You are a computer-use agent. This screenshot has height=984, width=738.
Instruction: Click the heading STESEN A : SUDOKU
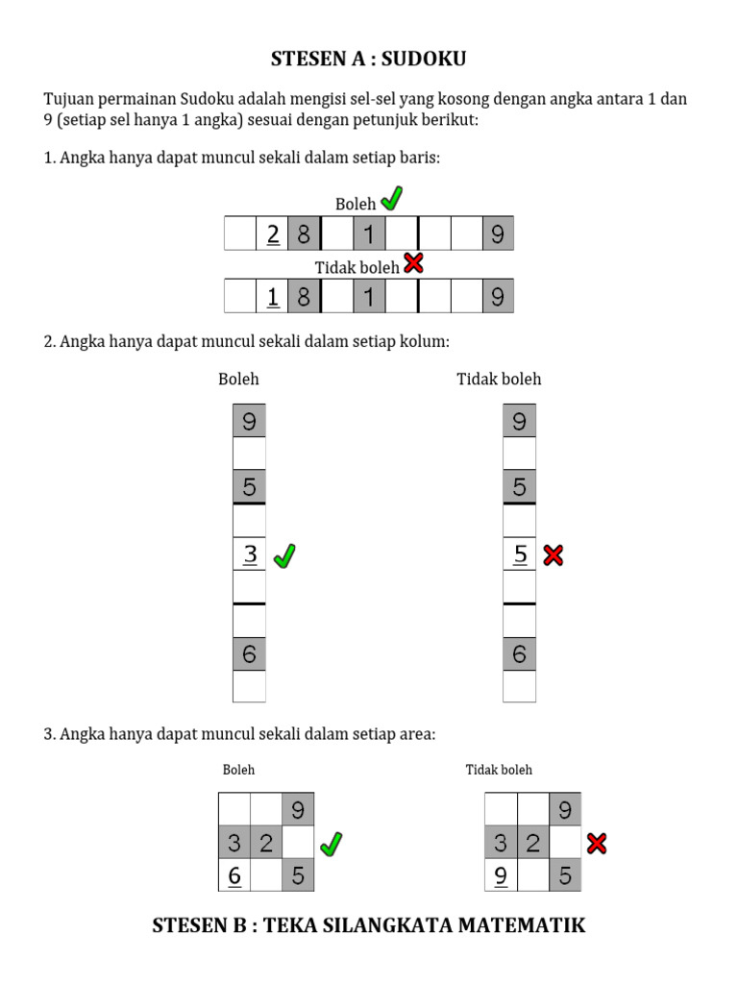coord(369,60)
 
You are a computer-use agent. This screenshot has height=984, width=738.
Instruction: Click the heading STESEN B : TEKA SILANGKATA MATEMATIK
coord(369,926)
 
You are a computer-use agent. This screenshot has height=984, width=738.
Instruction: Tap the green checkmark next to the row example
coord(391,200)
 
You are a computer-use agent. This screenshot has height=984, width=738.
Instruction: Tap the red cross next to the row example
coord(413,263)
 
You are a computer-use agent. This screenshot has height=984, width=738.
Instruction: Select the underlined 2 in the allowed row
coord(273,234)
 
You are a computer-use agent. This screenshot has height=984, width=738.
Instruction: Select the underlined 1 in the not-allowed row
coord(273,297)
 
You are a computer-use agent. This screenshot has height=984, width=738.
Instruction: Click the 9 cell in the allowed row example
coord(497,234)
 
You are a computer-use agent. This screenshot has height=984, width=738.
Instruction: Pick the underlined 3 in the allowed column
coord(250,554)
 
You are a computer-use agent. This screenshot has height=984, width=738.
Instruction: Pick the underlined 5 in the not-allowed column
coord(520,554)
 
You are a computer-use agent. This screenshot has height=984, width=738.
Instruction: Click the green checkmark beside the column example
coord(284,555)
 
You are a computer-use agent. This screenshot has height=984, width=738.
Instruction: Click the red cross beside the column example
coord(553,554)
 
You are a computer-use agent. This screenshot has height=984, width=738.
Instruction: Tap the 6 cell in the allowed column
coord(250,654)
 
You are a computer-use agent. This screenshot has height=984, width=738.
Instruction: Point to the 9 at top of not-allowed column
coord(520,421)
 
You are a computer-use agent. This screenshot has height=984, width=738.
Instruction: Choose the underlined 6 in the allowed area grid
coord(234,875)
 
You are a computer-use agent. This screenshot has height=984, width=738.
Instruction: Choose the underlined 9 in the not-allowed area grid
coord(501,875)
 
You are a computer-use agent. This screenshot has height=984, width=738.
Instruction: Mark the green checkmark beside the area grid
coord(331,844)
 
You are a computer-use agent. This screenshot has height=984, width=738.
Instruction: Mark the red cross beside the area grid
coord(597,844)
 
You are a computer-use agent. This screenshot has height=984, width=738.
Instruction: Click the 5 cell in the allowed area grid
coord(298,875)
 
